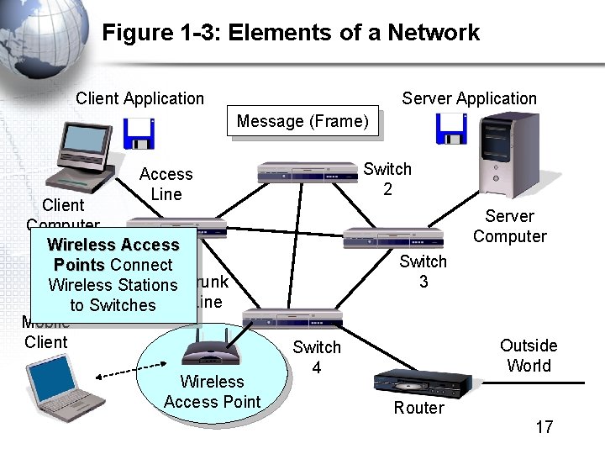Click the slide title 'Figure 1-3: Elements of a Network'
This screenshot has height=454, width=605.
coord(291,33)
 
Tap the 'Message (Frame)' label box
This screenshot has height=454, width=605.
coord(302,122)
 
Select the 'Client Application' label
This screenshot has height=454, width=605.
coord(139,98)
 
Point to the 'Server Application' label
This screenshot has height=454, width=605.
coord(469,98)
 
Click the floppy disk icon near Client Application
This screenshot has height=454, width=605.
coord(139,133)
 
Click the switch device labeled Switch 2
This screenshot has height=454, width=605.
coord(308,172)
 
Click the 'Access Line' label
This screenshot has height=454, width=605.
coord(166,184)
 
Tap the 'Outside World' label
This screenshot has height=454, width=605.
coord(529,356)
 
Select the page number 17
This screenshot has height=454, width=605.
coord(544,427)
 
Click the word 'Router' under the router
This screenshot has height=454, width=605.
coord(418,409)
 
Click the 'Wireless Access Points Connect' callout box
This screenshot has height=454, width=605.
coord(113,275)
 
